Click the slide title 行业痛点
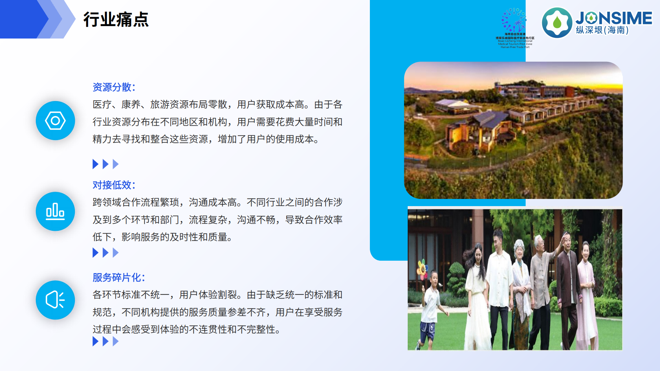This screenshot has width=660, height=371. [x=116, y=19]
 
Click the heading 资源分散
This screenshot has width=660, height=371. [x=114, y=87]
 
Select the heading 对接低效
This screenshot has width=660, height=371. [x=114, y=185]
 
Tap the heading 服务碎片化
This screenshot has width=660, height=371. [x=119, y=278]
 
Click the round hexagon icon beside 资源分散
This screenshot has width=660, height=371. [x=55, y=121]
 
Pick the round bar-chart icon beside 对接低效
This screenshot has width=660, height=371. [x=55, y=211]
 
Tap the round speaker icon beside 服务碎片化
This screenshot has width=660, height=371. [x=55, y=300]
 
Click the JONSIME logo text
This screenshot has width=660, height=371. [x=614, y=18]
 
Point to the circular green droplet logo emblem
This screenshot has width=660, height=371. [x=557, y=23]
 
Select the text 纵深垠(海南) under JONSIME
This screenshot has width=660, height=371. [x=602, y=30]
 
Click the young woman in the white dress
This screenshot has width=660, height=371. [x=478, y=295]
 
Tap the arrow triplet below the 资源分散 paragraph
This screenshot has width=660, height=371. [x=106, y=164]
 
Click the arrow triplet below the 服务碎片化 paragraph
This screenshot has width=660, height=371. [x=106, y=341]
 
